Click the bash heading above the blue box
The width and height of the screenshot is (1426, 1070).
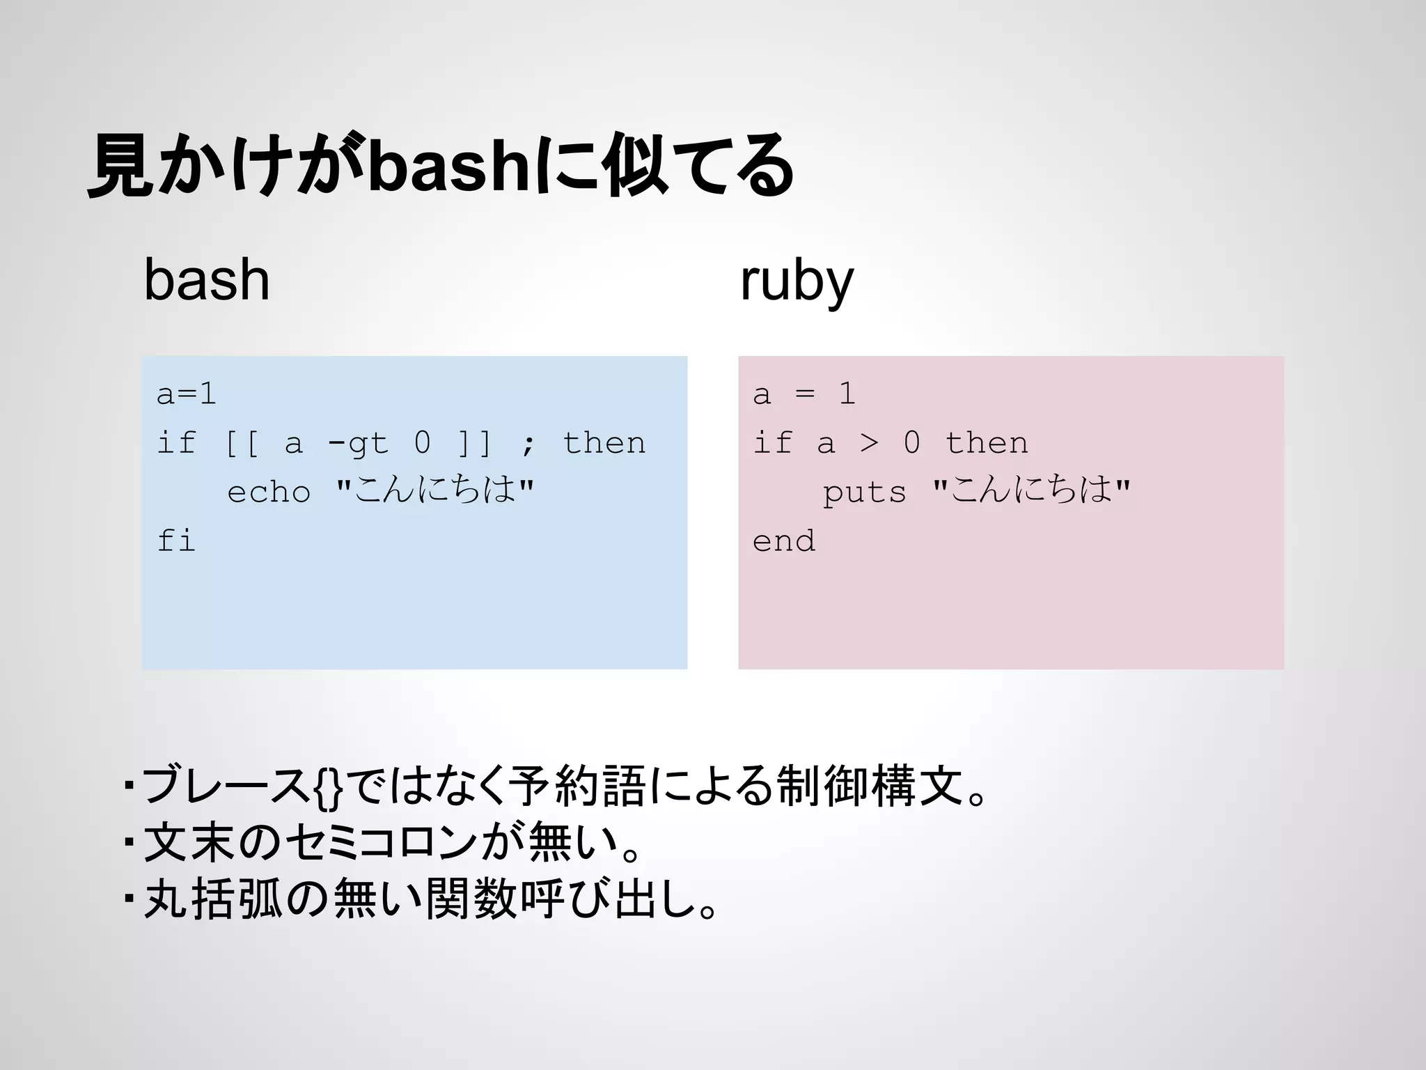(207, 280)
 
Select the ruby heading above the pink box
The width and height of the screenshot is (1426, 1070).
(797, 281)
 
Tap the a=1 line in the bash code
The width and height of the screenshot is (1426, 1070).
(186, 394)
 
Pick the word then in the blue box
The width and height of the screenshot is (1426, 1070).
(604, 443)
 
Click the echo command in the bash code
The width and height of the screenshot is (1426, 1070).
(269, 492)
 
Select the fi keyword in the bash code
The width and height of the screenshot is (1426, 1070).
(175, 541)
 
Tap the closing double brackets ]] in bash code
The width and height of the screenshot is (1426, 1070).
(475, 444)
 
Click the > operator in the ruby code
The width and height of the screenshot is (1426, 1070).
(868, 443)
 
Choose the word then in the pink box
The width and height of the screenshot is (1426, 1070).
(987, 443)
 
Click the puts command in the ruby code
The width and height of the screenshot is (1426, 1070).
(865, 493)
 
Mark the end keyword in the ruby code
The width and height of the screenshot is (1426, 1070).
(784, 541)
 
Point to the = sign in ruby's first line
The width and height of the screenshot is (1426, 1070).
(805, 394)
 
